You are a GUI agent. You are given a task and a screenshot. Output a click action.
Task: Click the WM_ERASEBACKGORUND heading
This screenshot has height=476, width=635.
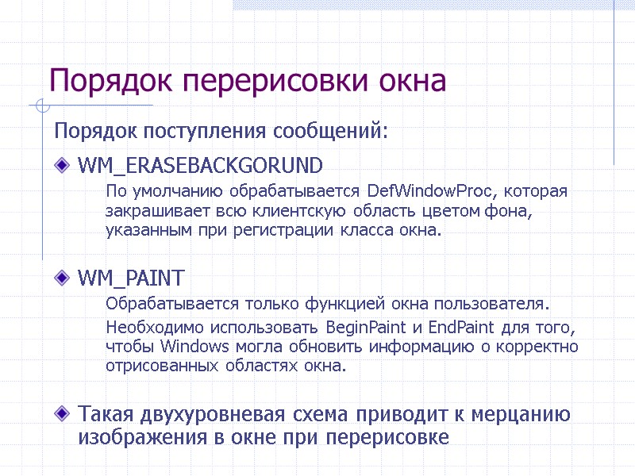coord(200,166)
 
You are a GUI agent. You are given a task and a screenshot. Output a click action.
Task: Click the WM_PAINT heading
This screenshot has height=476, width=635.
coord(131,278)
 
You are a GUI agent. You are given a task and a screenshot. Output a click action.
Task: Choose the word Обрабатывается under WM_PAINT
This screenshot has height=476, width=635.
coord(167,304)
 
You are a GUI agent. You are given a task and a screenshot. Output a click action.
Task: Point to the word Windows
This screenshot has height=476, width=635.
coord(194,347)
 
